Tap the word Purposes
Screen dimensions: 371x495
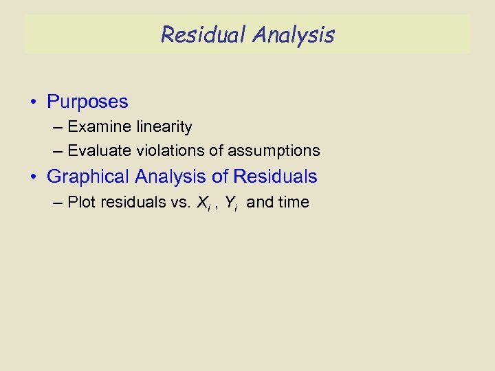tap(87, 102)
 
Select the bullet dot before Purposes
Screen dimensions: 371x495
tap(33, 103)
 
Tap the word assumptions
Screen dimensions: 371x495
tap(274, 150)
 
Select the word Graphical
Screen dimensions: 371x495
tap(88, 177)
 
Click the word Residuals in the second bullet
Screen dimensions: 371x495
tap(275, 177)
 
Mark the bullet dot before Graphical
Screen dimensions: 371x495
tap(33, 177)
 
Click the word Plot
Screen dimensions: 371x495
tap(82, 202)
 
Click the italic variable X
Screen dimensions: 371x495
tap(202, 202)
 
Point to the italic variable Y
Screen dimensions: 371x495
tap(230, 202)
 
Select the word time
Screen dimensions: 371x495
tap(294, 202)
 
